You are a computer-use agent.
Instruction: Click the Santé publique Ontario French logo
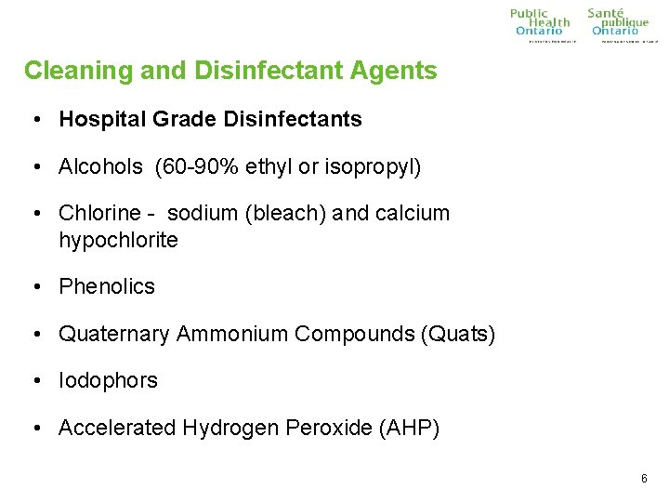click(x=620, y=23)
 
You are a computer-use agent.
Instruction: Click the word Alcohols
click(x=100, y=167)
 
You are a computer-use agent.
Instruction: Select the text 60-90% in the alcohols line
click(x=193, y=167)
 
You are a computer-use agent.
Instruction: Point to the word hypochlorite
click(x=118, y=240)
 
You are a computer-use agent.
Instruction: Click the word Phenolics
click(x=107, y=287)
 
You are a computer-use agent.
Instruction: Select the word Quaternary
click(x=113, y=334)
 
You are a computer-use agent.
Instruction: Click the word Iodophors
click(x=108, y=381)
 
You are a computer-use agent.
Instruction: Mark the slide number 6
click(x=644, y=479)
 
